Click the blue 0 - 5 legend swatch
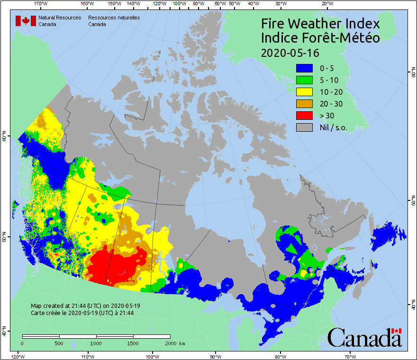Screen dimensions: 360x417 point(305,68)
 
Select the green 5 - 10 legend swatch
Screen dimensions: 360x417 point(305,80)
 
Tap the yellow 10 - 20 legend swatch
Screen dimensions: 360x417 point(305,92)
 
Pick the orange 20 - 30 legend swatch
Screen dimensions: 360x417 point(305,104)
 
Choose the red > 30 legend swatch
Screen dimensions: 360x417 point(305,116)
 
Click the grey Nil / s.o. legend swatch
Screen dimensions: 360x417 point(305,127)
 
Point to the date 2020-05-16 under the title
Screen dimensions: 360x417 point(290,52)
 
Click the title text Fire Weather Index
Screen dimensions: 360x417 point(320,24)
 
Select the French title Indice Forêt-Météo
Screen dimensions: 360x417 point(320,38)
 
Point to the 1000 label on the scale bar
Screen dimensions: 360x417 point(96,343)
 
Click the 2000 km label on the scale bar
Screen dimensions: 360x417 point(175,343)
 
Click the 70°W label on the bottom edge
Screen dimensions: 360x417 point(350,356)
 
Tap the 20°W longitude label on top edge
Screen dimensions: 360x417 point(326,4)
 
